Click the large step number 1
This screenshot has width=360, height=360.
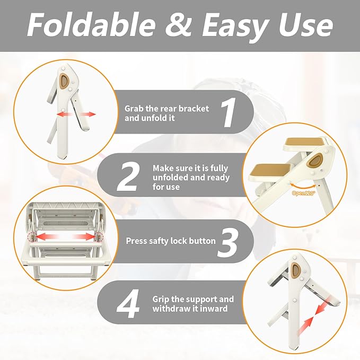pos(228,112)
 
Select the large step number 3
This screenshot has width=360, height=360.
pos(227,242)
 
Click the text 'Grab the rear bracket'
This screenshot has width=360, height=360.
pos(166,108)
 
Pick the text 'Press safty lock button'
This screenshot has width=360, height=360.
pos(171,241)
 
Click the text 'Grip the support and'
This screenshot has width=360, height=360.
pos(193,299)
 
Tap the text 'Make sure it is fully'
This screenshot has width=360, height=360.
pos(191,168)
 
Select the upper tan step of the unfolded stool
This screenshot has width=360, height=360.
pos(301,143)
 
